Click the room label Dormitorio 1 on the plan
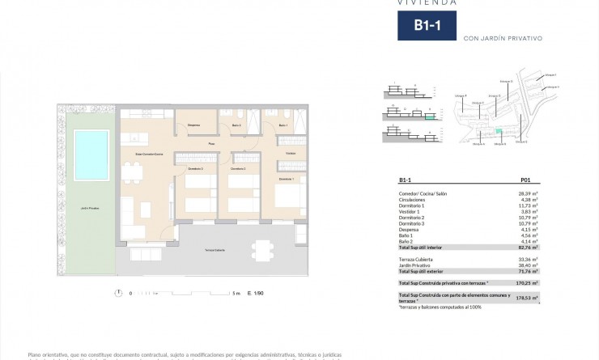click(x=287, y=179)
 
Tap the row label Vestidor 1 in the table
click(x=411, y=211)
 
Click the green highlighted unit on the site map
click(x=499, y=132)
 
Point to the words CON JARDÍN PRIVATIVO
click(x=501, y=38)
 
